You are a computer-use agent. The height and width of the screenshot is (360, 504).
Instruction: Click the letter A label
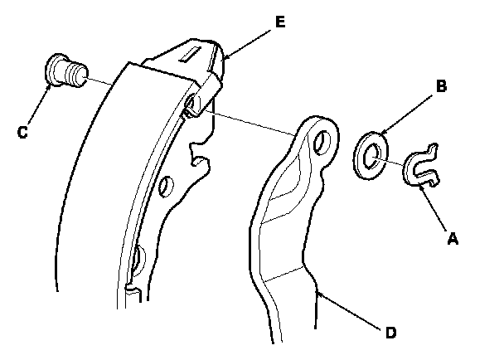(x=452, y=238)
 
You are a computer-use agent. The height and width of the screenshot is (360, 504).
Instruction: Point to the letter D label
(x=390, y=333)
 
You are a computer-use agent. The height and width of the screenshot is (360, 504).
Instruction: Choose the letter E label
(x=280, y=22)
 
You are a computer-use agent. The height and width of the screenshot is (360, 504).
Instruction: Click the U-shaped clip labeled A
(x=422, y=169)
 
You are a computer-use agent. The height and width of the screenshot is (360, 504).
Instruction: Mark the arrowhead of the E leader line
(x=223, y=57)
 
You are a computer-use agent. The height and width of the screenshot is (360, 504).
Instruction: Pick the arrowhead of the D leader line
(x=317, y=292)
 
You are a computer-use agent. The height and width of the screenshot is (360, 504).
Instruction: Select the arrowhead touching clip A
(x=423, y=187)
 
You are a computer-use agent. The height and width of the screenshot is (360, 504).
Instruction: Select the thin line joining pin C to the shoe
(x=100, y=82)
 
